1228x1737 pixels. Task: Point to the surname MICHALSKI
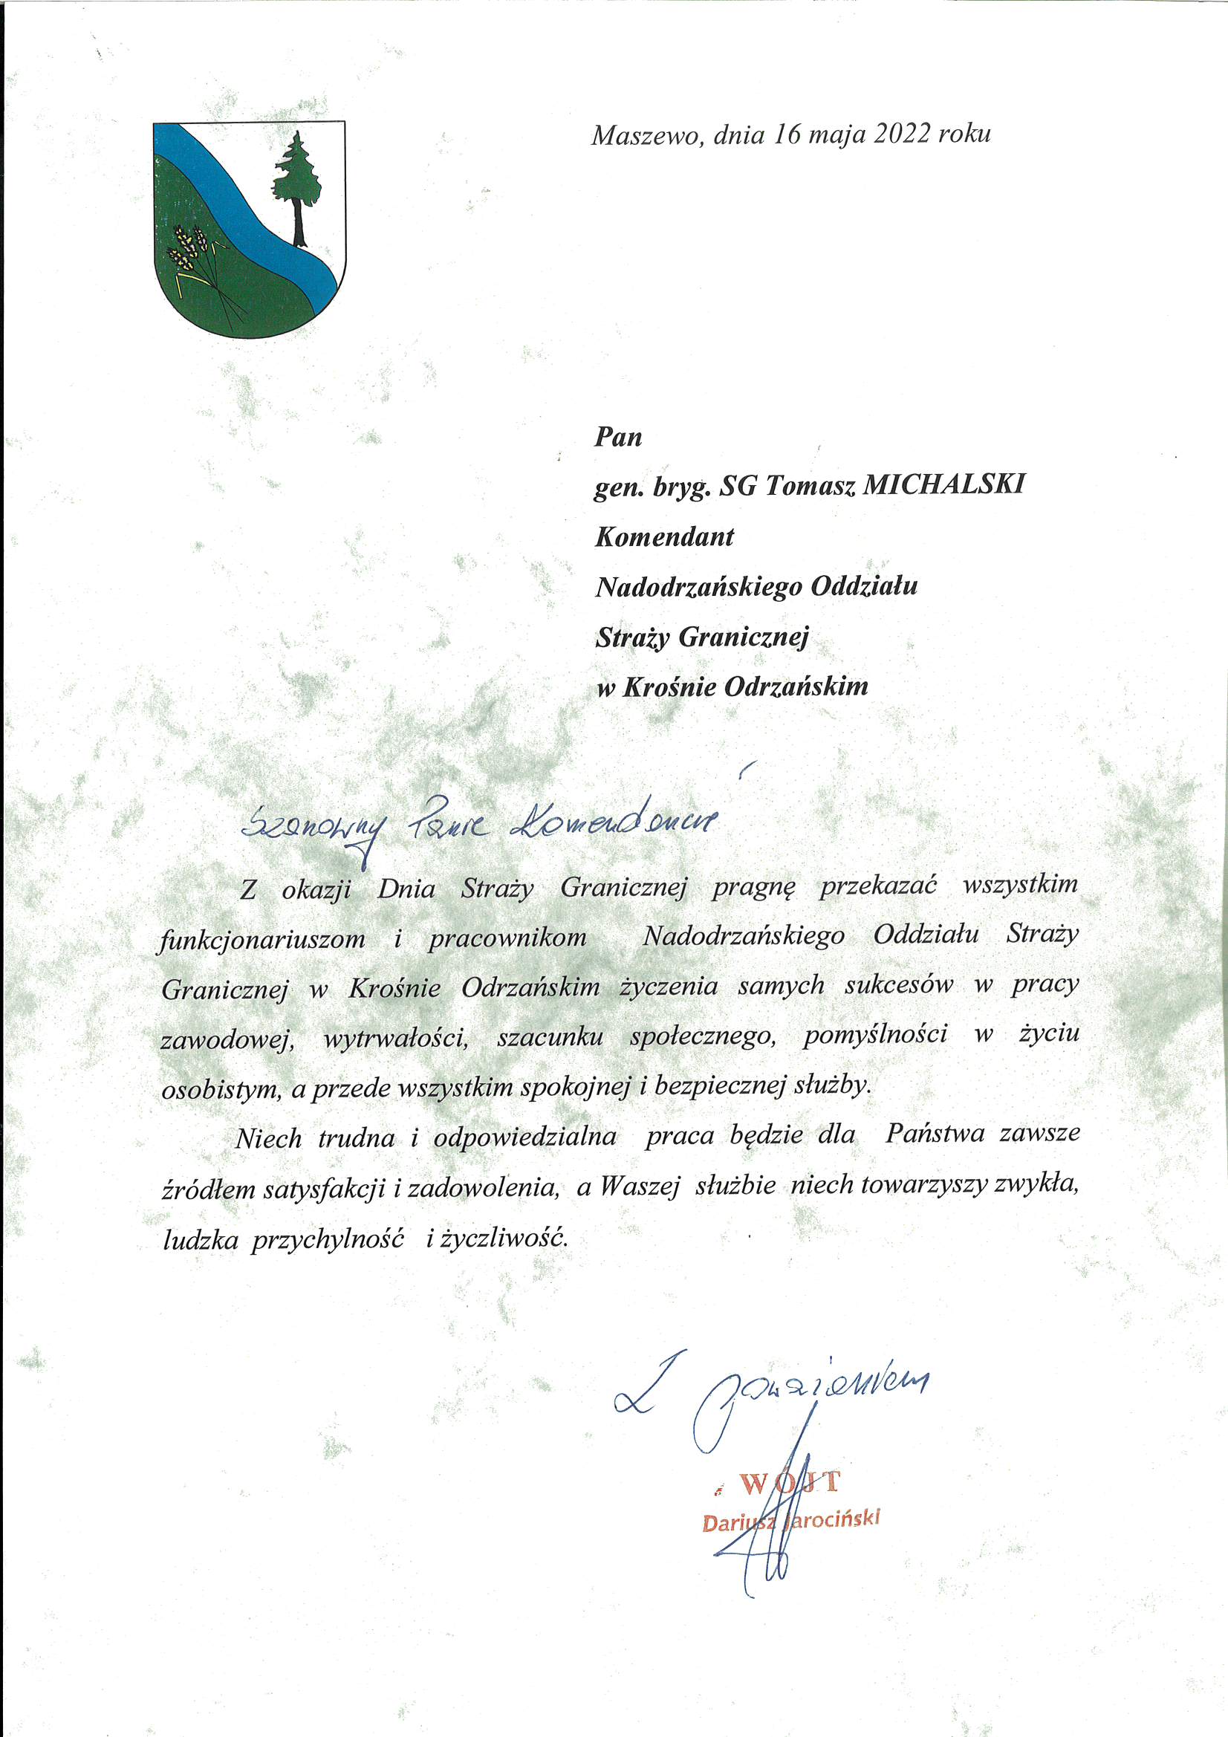click(x=943, y=485)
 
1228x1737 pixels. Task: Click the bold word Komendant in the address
click(x=664, y=536)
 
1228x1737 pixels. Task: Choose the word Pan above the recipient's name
click(x=618, y=437)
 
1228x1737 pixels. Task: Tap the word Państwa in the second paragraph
click(x=935, y=1134)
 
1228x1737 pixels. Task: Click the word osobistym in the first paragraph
click(x=218, y=1088)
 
